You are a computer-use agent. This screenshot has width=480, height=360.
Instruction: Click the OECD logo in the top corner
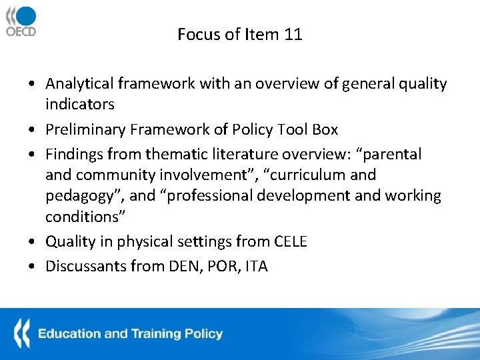click(21, 21)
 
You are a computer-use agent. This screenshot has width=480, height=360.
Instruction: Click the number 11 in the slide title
click(293, 35)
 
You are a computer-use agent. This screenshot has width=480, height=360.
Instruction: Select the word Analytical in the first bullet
click(79, 83)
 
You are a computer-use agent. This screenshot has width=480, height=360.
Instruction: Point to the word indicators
click(79, 104)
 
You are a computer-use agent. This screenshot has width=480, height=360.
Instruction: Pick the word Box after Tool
click(325, 129)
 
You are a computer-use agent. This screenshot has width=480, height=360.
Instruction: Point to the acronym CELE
click(290, 241)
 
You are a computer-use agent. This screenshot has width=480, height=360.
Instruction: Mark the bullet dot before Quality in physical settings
click(33, 242)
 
